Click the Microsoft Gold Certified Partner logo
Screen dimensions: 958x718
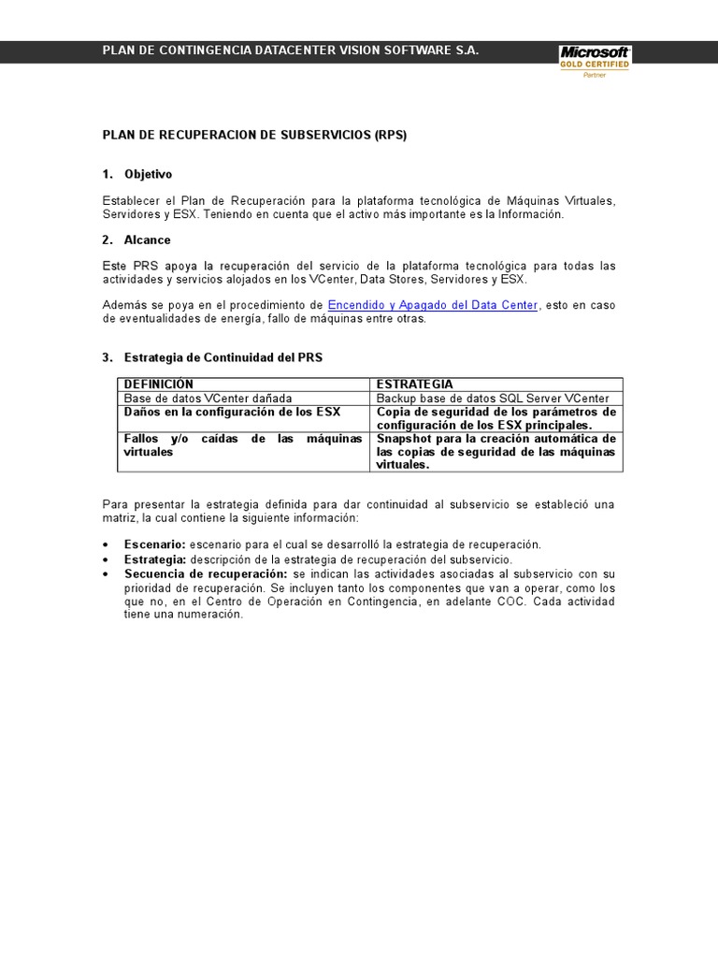tap(595, 62)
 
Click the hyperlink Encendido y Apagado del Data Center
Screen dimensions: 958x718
tap(432, 305)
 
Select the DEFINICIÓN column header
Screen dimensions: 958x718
tap(159, 385)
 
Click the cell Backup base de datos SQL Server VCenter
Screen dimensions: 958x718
tap(493, 398)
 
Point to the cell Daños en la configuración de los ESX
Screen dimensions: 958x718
tap(232, 412)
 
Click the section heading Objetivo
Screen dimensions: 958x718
tap(148, 175)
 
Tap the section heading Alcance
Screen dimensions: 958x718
tap(147, 240)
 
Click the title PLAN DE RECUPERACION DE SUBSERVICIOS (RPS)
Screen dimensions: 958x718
tap(254, 135)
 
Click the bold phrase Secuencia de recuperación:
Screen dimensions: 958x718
tap(206, 573)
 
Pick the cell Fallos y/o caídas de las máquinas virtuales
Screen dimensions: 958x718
tap(242, 444)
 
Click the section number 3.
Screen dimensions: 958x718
tap(107, 358)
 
